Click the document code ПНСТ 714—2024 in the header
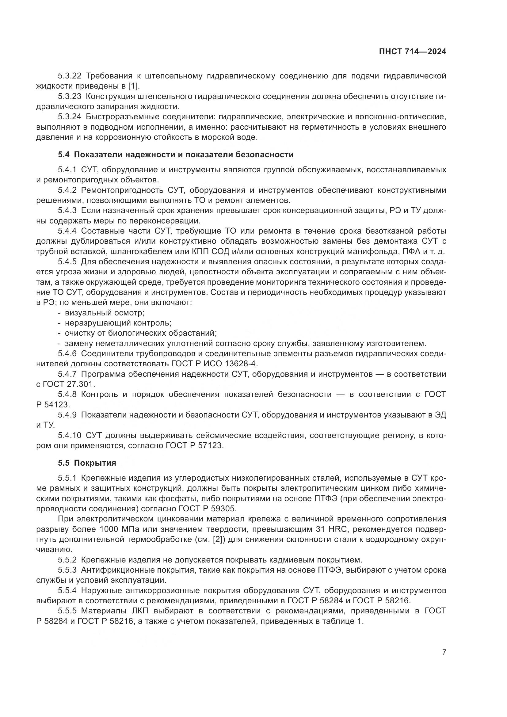tap(412, 52)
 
